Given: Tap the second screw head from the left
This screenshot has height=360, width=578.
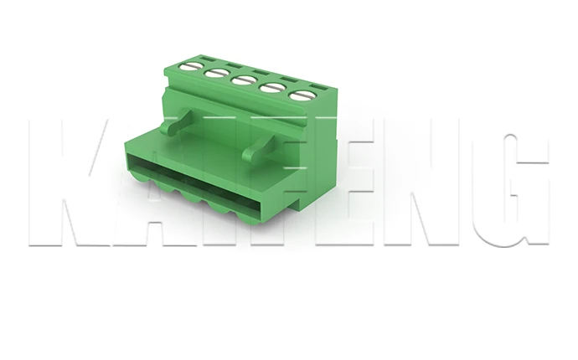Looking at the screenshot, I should click(x=214, y=72).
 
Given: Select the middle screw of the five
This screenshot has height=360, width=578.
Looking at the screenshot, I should click(x=243, y=80).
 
